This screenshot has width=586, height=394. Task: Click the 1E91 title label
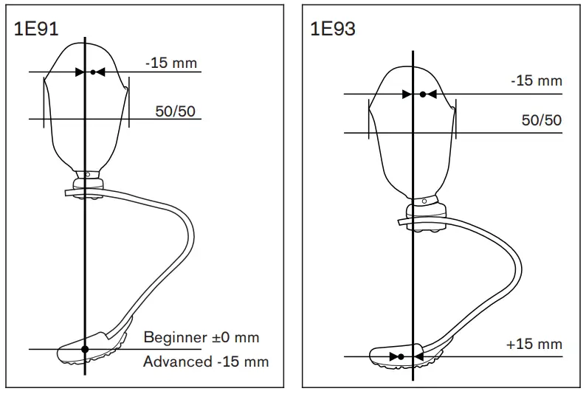pyautogui.click(x=36, y=29)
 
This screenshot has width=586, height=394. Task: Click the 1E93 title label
pyautogui.click(x=333, y=29)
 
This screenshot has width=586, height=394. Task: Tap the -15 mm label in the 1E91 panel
pyautogui.click(x=171, y=63)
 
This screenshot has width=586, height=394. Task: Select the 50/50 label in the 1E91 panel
pyautogui.click(x=175, y=111)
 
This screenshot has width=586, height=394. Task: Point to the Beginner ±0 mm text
pyautogui.click(x=201, y=337)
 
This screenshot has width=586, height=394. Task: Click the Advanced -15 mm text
pyautogui.click(x=206, y=362)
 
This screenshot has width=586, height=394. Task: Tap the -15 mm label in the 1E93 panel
pyautogui.click(x=537, y=80)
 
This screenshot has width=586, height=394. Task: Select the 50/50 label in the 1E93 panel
pyautogui.click(x=542, y=120)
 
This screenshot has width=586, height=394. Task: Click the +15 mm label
pyautogui.click(x=534, y=344)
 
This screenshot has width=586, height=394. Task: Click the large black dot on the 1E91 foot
pyautogui.click(x=85, y=349)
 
